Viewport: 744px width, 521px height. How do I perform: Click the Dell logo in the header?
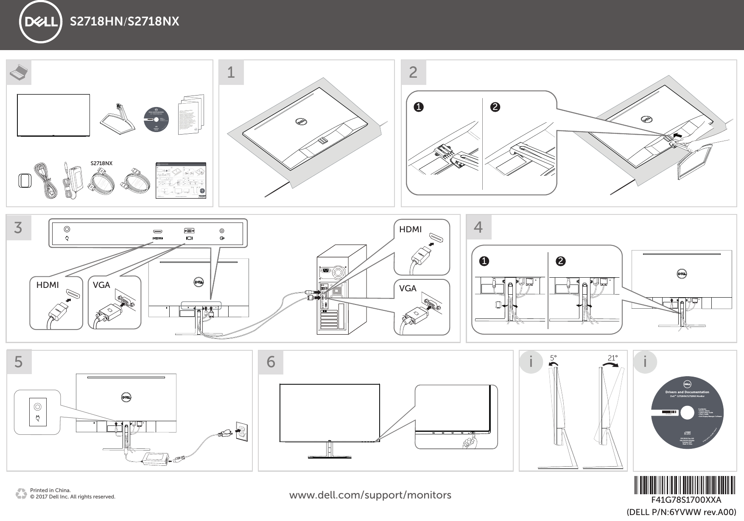[40, 22]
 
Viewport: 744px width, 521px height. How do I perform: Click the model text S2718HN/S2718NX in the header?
[124, 22]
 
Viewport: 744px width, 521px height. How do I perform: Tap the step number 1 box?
[231, 72]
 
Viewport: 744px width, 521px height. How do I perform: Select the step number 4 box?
[478, 227]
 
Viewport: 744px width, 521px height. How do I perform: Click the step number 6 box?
[271, 362]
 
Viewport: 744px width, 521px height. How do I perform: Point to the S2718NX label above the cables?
[102, 163]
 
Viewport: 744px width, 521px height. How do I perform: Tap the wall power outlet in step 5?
[241, 433]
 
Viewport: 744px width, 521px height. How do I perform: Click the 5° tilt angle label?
[553, 358]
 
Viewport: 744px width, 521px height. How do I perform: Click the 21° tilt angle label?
[613, 358]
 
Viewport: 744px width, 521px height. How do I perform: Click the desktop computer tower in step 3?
[341, 290]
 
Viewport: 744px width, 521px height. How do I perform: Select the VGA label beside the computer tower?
[408, 288]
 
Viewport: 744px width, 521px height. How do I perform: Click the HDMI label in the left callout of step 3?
[48, 285]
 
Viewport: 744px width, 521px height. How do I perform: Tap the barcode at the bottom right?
[685, 484]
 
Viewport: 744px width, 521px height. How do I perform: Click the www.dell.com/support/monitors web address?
[370, 495]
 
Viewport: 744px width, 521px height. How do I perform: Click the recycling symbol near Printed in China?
[21, 493]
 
